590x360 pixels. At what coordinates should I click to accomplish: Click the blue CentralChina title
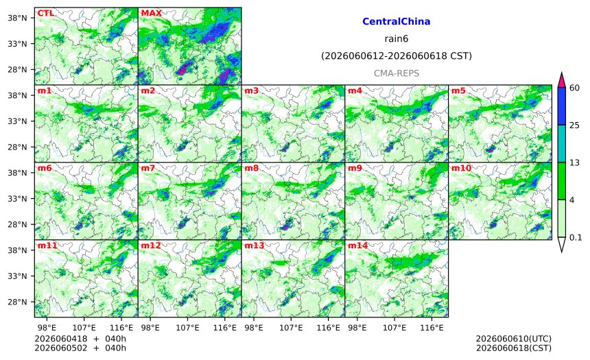(x=397, y=21)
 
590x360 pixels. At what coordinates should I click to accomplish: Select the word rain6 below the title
(x=397, y=39)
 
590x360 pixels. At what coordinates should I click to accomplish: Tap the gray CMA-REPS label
(x=397, y=73)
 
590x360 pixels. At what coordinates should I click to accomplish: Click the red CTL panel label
(x=45, y=13)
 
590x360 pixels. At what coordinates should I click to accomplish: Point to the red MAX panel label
(x=151, y=13)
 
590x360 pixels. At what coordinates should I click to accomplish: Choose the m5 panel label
(x=458, y=91)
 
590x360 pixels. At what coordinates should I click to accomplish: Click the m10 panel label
(x=461, y=168)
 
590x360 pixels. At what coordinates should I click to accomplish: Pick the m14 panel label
(x=357, y=245)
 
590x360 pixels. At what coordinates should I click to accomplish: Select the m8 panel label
(x=251, y=168)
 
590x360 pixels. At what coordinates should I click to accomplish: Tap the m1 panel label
(x=45, y=91)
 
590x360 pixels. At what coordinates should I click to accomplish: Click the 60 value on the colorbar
(x=574, y=88)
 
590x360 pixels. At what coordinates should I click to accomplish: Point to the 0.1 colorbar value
(x=576, y=237)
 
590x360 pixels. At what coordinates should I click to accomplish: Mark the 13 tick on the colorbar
(x=574, y=163)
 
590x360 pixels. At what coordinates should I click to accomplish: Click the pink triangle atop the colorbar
(x=562, y=80)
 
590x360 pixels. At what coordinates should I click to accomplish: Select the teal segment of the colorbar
(x=562, y=144)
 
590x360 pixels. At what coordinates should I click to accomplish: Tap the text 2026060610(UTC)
(x=514, y=339)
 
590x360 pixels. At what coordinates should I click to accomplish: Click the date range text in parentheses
(x=397, y=56)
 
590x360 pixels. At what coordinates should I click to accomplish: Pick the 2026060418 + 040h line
(x=80, y=339)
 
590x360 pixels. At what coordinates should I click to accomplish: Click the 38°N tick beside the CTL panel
(x=18, y=18)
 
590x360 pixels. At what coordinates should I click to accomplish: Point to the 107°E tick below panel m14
(x=394, y=328)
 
